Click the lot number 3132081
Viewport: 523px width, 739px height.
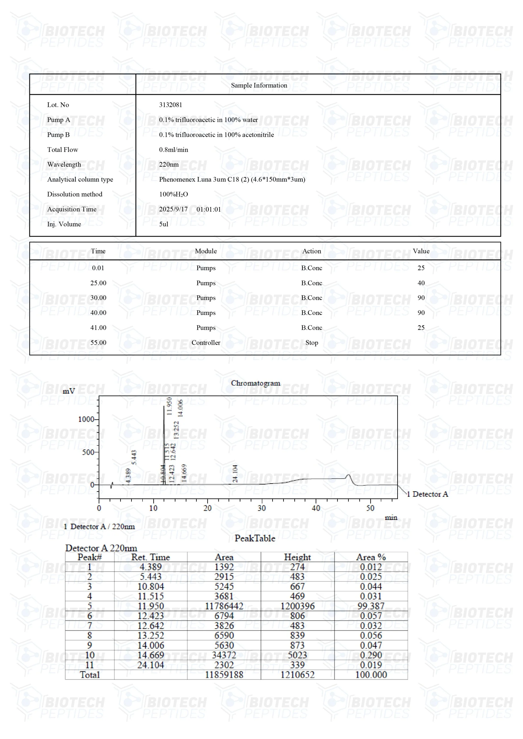point(170,105)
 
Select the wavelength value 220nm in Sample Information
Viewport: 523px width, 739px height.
point(168,165)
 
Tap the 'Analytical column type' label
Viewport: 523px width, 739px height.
point(80,179)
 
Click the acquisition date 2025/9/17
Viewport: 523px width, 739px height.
point(173,209)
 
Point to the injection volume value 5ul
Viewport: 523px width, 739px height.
point(164,224)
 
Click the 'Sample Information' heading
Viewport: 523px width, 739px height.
point(259,85)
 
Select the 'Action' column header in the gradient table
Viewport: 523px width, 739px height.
point(311,251)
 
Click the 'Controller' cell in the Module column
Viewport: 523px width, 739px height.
point(206,342)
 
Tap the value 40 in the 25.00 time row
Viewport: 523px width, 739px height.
point(421,283)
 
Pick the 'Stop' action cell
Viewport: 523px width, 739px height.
point(311,342)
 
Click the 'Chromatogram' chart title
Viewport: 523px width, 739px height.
point(255,383)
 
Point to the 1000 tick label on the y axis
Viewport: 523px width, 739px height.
point(86,419)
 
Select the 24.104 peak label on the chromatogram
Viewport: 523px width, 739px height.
point(235,473)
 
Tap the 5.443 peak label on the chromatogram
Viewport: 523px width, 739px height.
point(134,457)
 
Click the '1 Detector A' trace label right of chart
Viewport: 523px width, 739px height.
point(427,494)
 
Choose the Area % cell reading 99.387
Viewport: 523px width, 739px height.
point(371,606)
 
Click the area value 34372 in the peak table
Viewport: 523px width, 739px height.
point(224,655)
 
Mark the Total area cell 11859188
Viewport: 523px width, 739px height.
point(224,675)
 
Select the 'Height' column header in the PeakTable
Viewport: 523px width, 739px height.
point(297,557)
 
